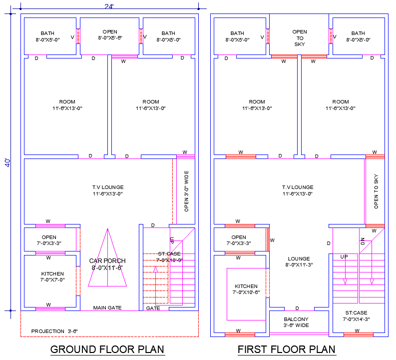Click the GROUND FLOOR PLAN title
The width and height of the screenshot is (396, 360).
pyautogui.click(x=107, y=349)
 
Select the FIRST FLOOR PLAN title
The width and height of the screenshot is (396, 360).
pyautogui.click(x=287, y=349)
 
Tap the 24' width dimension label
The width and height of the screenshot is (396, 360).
pyautogui.click(x=109, y=6)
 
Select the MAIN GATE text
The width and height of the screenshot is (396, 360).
pyautogui.click(x=107, y=308)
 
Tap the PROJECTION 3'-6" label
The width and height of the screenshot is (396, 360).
pyautogui.click(x=54, y=331)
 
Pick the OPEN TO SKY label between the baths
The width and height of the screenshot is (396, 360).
pyautogui.click(x=300, y=37)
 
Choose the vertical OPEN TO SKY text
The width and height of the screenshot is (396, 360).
pyautogui.click(x=376, y=191)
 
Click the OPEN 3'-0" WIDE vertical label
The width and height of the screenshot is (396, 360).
pyautogui.click(x=186, y=191)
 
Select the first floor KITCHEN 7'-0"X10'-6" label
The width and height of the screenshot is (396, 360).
pyautogui.click(x=246, y=289)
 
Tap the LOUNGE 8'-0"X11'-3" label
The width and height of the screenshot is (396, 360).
pyautogui.click(x=299, y=262)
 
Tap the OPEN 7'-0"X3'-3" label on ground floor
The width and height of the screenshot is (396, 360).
pyautogui.click(x=49, y=240)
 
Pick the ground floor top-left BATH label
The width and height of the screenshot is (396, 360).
pyautogui.click(x=48, y=36)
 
